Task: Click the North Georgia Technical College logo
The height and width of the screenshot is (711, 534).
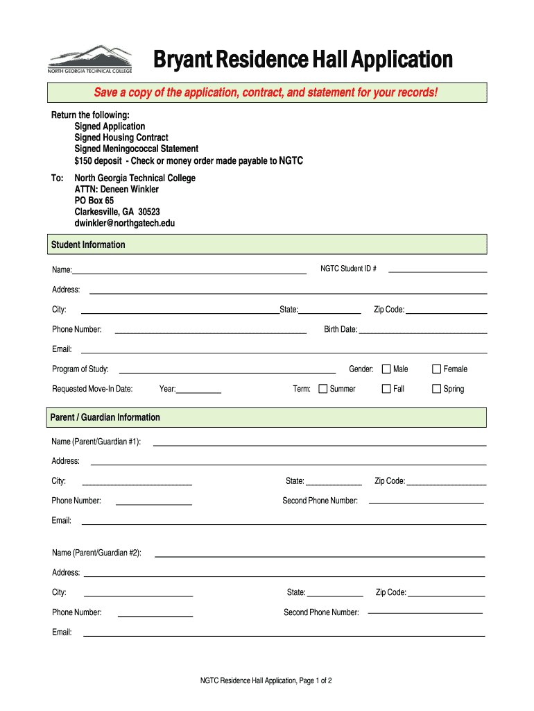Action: point(89,60)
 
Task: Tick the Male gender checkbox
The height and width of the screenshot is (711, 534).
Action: point(386,369)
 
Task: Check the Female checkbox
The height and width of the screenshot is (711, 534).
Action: point(437,369)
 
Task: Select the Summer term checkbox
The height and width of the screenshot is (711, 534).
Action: point(322,389)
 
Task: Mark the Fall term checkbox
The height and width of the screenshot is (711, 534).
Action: point(386,389)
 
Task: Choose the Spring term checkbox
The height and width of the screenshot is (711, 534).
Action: point(437,389)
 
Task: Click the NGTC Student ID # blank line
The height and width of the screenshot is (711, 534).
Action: point(437,270)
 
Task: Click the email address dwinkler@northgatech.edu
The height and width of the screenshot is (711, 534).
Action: point(125,223)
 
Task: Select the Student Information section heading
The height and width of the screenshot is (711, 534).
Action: point(88,244)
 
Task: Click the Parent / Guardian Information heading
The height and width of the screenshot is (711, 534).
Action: point(105,417)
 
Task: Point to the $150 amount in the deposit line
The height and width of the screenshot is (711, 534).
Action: point(84,160)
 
